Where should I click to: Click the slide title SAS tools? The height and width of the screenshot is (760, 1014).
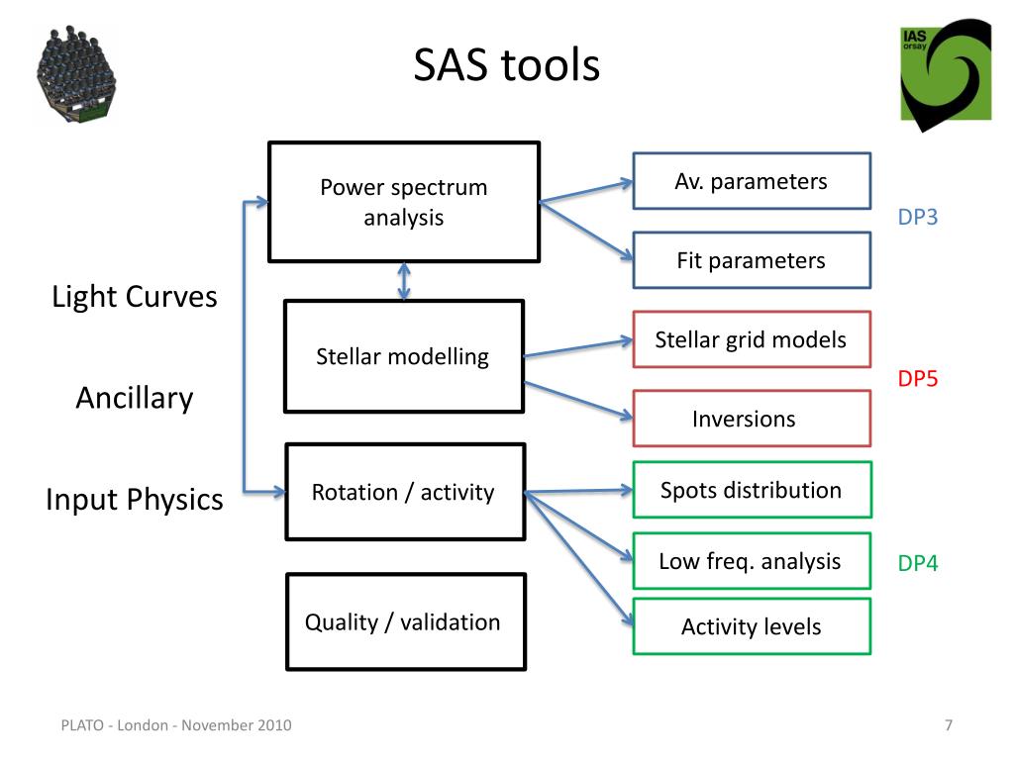tap(506, 67)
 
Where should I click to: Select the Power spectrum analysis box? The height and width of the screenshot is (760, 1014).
tap(404, 202)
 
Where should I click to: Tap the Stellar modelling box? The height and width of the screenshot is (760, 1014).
tap(403, 356)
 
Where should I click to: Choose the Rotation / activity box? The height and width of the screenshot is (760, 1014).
tap(404, 492)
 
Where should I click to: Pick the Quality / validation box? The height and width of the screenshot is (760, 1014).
tap(404, 621)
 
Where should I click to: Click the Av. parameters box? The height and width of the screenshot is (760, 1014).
tap(751, 181)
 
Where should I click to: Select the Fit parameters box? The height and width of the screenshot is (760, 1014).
tap(751, 260)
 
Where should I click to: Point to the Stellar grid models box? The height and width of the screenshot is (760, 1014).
tap(751, 339)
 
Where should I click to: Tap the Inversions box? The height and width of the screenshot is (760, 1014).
tap(751, 419)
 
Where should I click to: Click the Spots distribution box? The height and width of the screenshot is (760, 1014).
tap(751, 490)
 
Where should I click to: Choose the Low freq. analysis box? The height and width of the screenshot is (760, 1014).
tap(751, 561)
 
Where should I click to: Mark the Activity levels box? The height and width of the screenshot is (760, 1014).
tap(751, 626)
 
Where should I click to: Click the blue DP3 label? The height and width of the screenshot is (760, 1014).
tap(917, 218)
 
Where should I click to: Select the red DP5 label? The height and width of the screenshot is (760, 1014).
tap(917, 378)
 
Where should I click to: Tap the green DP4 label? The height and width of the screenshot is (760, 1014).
tap(917, 564)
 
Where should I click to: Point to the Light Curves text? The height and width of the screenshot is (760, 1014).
tap(135, 296)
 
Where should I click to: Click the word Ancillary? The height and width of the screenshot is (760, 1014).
tap(135, 398)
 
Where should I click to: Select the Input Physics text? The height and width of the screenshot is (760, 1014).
tap(135, 500)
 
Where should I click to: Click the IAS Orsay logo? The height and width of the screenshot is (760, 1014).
tap(945, 73)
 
